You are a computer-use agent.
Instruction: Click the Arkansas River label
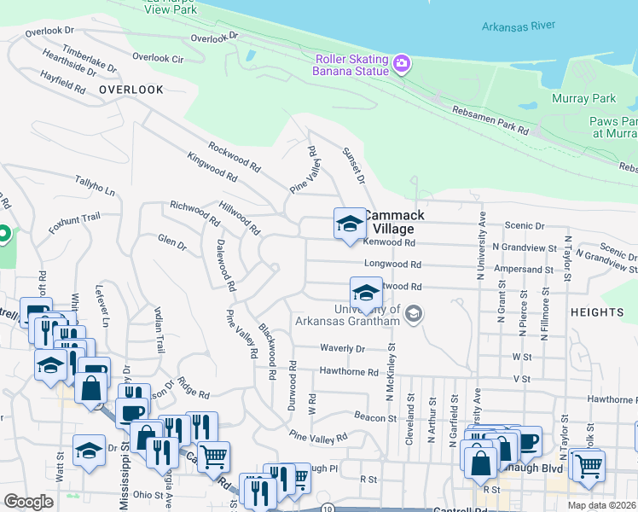[x=518, y=26]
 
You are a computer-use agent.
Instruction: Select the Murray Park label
[x=583, y=98]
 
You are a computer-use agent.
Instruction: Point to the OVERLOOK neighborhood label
[x=130, y=89]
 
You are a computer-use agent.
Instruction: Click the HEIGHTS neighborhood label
[x=597, y=313]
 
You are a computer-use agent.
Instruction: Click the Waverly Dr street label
[x=342, y=348]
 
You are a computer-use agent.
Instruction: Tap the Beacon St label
[x=375, y=417]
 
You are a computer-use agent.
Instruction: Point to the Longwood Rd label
[x=393, y=265]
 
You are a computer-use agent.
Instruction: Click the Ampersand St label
[x=523, y=269]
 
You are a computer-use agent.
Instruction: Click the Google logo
[x=29, y=501]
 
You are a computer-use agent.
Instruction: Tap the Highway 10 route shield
[x=328, y=508]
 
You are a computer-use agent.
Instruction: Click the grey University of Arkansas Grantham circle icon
[x=415, y=315]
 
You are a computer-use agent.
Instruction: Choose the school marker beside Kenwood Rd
[x=349, y=224]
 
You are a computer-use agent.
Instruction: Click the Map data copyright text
[x=601, y=505]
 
